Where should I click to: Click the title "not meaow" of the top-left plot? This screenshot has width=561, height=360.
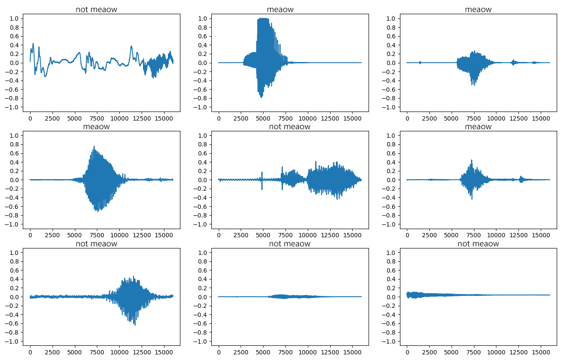click(96, 9)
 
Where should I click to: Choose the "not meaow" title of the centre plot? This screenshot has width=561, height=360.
click(289, 127)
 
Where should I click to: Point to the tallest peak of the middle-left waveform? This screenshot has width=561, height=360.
click(94, 147)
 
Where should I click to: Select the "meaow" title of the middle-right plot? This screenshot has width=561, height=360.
click(478, 127)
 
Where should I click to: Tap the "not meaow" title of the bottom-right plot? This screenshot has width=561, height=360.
click(478, 244)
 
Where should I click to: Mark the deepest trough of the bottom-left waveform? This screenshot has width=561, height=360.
click(135, 325)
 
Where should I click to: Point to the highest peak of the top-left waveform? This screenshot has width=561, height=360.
click(33, 43)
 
